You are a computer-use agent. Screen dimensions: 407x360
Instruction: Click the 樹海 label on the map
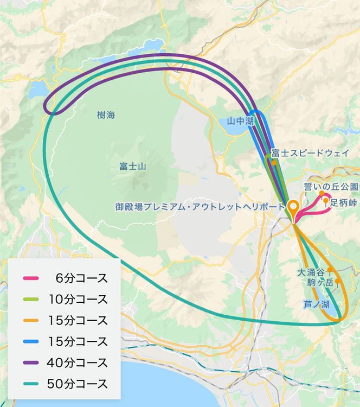tap(106, 115)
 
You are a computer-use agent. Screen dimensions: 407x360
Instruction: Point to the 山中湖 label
tap(240, 123)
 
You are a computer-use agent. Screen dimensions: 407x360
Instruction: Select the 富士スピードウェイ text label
tap(310, 154)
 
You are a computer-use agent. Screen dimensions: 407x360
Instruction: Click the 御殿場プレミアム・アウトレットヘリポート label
tap(200, 207)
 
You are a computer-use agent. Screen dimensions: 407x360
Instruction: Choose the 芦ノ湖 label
tap(315, 304)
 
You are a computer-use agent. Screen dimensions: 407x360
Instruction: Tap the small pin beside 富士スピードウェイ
tap(275, 162)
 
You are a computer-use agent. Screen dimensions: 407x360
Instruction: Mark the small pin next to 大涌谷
tap(330, 269)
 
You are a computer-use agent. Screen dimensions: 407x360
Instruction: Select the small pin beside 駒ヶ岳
tap(337, 281)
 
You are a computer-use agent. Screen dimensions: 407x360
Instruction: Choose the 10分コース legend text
tap(78, 300)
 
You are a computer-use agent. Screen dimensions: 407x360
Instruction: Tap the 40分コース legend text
tap(78, 363)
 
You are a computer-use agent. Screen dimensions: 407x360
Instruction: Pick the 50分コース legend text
tap(78, 384)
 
